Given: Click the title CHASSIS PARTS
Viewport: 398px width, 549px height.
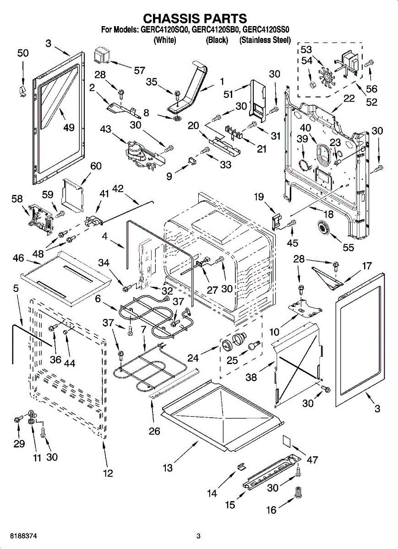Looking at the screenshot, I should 195,19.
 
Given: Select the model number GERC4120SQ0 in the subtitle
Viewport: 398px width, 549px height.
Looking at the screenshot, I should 163,30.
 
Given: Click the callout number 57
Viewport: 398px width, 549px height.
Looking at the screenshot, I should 139,70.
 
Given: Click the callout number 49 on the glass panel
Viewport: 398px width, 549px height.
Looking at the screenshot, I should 69,128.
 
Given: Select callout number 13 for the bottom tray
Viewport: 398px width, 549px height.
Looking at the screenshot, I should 168,468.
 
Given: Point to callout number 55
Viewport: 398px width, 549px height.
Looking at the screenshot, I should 349,248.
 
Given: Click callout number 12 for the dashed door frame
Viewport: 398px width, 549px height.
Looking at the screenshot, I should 108,474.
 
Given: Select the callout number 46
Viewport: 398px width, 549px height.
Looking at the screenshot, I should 18,259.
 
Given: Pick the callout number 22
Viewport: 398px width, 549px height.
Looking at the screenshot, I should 349,98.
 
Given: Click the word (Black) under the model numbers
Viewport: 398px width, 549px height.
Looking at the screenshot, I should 217,40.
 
